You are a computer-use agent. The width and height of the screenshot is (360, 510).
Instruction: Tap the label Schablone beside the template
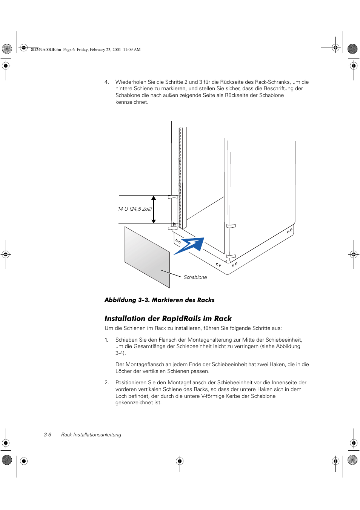(195, 277)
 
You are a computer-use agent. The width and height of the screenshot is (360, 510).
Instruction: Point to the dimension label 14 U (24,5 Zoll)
(135, 209)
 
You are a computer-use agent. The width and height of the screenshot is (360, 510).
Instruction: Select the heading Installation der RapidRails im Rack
(168, 319)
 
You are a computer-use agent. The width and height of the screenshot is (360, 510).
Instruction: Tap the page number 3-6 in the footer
(48, 435)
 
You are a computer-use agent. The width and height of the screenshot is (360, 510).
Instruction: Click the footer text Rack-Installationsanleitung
(91, 435)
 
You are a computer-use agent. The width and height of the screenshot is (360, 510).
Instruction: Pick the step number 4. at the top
(107, 82)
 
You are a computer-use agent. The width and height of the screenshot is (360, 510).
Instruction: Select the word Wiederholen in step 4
(131, 82)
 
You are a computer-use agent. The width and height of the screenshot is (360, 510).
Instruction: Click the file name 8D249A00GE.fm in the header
(46, 49)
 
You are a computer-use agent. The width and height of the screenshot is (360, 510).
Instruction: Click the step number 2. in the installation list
(107, 383)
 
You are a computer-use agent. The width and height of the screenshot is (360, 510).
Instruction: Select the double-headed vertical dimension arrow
(154, 210)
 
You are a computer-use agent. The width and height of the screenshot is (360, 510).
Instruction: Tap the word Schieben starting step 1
(126, 340)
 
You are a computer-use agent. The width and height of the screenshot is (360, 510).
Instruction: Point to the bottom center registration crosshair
(180, 461)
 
